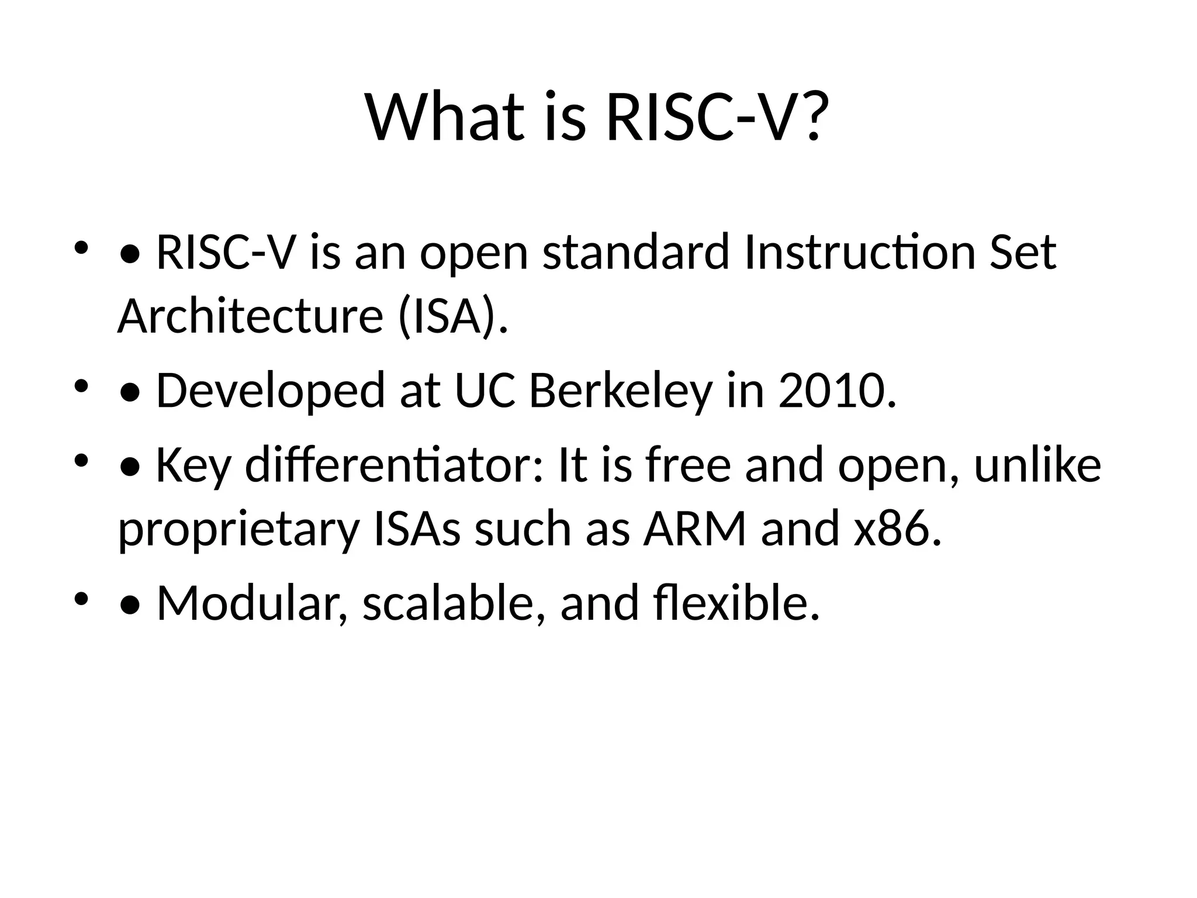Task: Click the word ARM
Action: coord(694,529)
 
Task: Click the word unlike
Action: coord(1037,465)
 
